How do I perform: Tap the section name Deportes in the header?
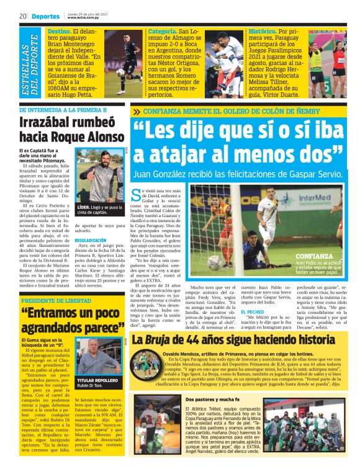[46, 17]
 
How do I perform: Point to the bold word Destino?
[59, 31]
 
